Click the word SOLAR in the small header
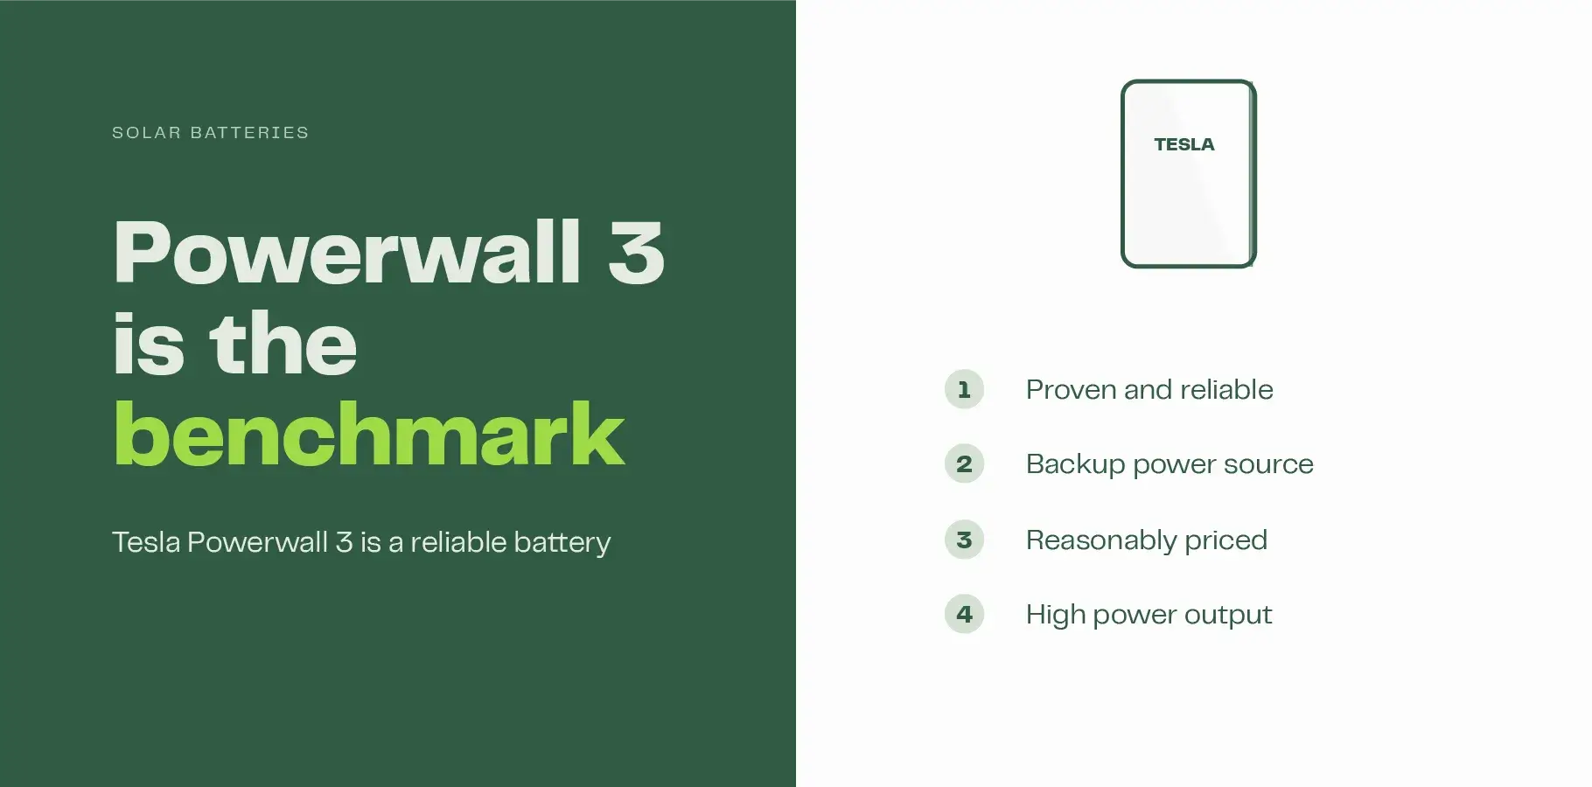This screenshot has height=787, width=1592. (146, 133)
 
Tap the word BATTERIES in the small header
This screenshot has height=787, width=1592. (249, 133)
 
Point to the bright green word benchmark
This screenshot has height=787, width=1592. (369, 434)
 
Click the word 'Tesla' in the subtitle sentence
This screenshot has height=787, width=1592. (146, 542)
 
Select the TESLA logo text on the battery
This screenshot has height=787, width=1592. (1184, 144)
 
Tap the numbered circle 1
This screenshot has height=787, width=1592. (964, 389)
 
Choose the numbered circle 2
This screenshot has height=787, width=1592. (964, 463)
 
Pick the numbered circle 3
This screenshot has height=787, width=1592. (964, 540)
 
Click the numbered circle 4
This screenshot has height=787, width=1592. (964, 614)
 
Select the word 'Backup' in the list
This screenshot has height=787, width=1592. (1075, 464)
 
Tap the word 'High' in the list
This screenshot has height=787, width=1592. (1056, 616)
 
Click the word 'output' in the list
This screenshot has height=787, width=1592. (1228, 616)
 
